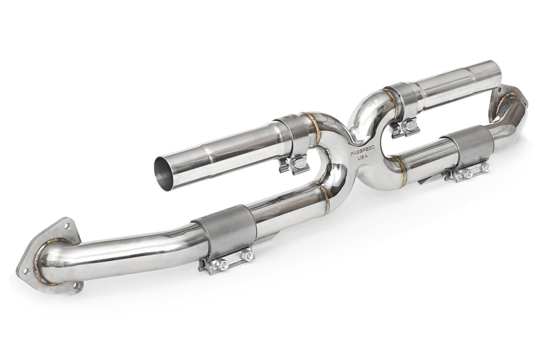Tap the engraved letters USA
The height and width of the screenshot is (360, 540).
362,158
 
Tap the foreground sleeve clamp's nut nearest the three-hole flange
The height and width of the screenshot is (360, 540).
222,265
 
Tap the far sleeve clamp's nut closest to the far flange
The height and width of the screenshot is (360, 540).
485,167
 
